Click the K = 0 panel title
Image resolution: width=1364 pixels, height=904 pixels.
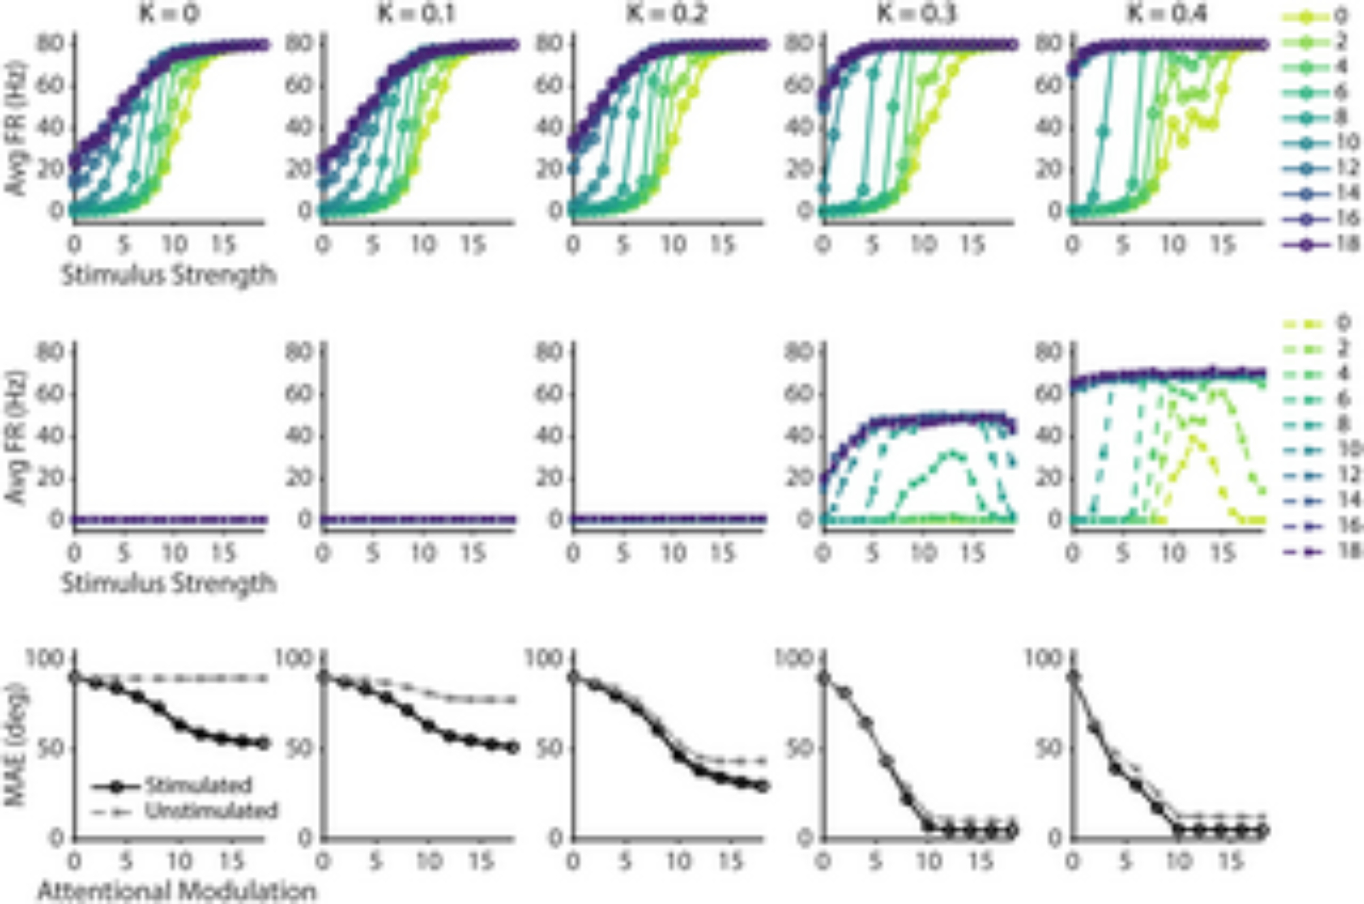168,13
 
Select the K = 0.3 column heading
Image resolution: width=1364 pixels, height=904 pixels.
917,13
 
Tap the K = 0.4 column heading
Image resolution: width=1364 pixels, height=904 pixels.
1167,13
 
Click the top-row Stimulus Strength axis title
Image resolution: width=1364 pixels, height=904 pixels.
168,275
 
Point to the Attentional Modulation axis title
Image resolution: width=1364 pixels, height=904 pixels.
177,891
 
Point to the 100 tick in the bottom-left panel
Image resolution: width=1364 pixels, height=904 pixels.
44,658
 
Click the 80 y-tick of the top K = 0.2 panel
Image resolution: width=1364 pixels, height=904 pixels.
548,44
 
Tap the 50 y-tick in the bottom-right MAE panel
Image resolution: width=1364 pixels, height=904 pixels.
1046,748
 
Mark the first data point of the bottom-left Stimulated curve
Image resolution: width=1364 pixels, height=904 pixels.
74,677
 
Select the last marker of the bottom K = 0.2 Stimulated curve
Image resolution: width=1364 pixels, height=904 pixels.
762,786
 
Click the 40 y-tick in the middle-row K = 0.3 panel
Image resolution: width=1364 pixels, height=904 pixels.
799,435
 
